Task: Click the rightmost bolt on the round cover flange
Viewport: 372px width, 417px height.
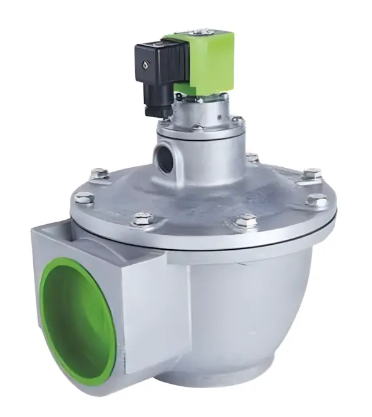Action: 318,201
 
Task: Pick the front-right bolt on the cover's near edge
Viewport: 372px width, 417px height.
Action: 245,221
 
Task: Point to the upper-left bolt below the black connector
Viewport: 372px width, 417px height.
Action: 98,173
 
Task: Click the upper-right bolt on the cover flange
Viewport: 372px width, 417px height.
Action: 312,173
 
